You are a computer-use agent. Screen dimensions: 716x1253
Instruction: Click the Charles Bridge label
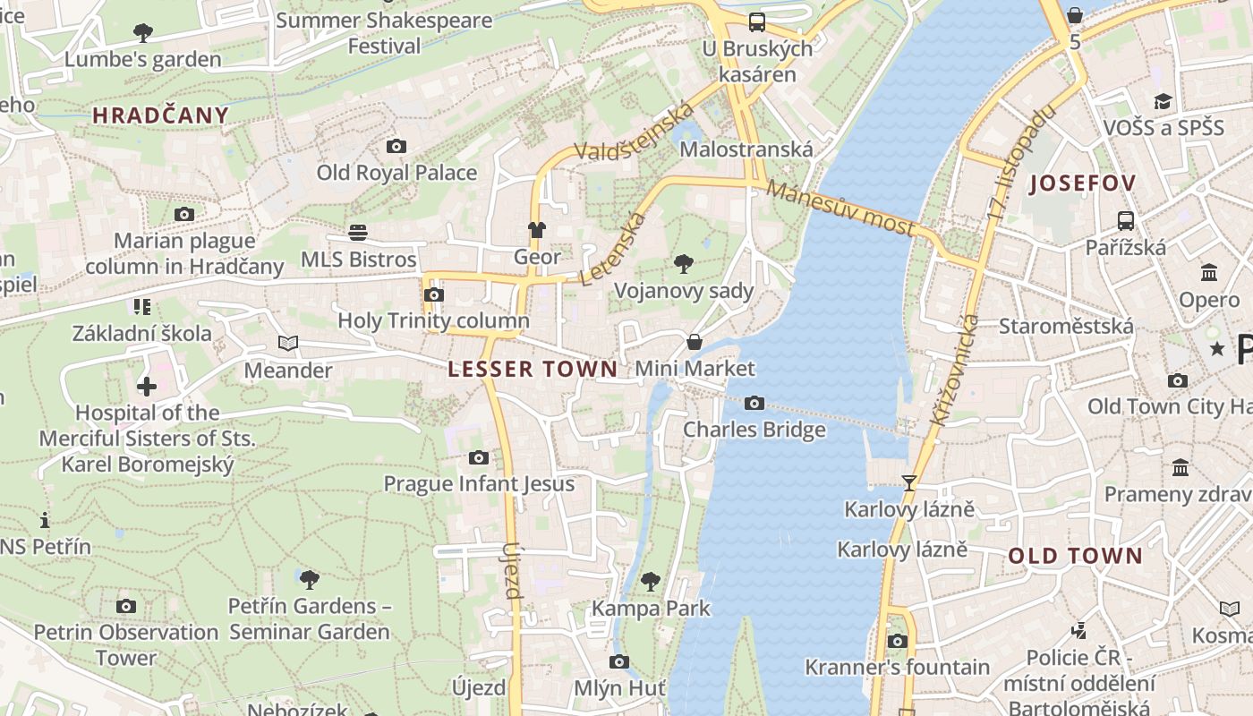(754, 430)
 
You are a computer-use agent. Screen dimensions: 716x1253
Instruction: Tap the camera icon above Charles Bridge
(754, 404)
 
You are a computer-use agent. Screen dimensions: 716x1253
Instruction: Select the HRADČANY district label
(160, 115)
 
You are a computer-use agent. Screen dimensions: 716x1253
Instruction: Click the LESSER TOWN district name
(533, 369)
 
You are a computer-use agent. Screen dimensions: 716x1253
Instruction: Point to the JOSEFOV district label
(1083, 183)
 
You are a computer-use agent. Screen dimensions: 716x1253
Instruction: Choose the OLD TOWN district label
(1075, 556)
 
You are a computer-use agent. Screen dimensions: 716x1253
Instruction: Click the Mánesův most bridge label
(840, 209)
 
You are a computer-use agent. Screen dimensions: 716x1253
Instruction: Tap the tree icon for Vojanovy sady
(684, 264)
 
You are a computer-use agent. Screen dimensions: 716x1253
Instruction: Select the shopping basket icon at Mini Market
(694, 342)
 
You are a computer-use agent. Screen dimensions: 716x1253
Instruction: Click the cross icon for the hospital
(147, 387)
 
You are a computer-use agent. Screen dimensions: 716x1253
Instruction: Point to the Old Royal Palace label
(396, 173)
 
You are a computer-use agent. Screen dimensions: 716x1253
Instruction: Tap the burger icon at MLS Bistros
(358, 233)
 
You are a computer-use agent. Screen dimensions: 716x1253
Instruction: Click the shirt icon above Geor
(536, 230)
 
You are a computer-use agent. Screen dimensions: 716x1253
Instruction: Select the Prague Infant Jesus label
(479, 484)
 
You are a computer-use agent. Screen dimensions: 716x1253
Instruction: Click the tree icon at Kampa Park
(651, 582)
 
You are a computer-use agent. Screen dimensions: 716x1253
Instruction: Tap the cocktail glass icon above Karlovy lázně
(909, 483)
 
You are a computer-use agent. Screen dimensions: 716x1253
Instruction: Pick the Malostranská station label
(746, 149)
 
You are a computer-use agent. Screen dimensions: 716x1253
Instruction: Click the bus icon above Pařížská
(1125, 220)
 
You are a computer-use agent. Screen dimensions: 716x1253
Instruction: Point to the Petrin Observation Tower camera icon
(126, 606)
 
